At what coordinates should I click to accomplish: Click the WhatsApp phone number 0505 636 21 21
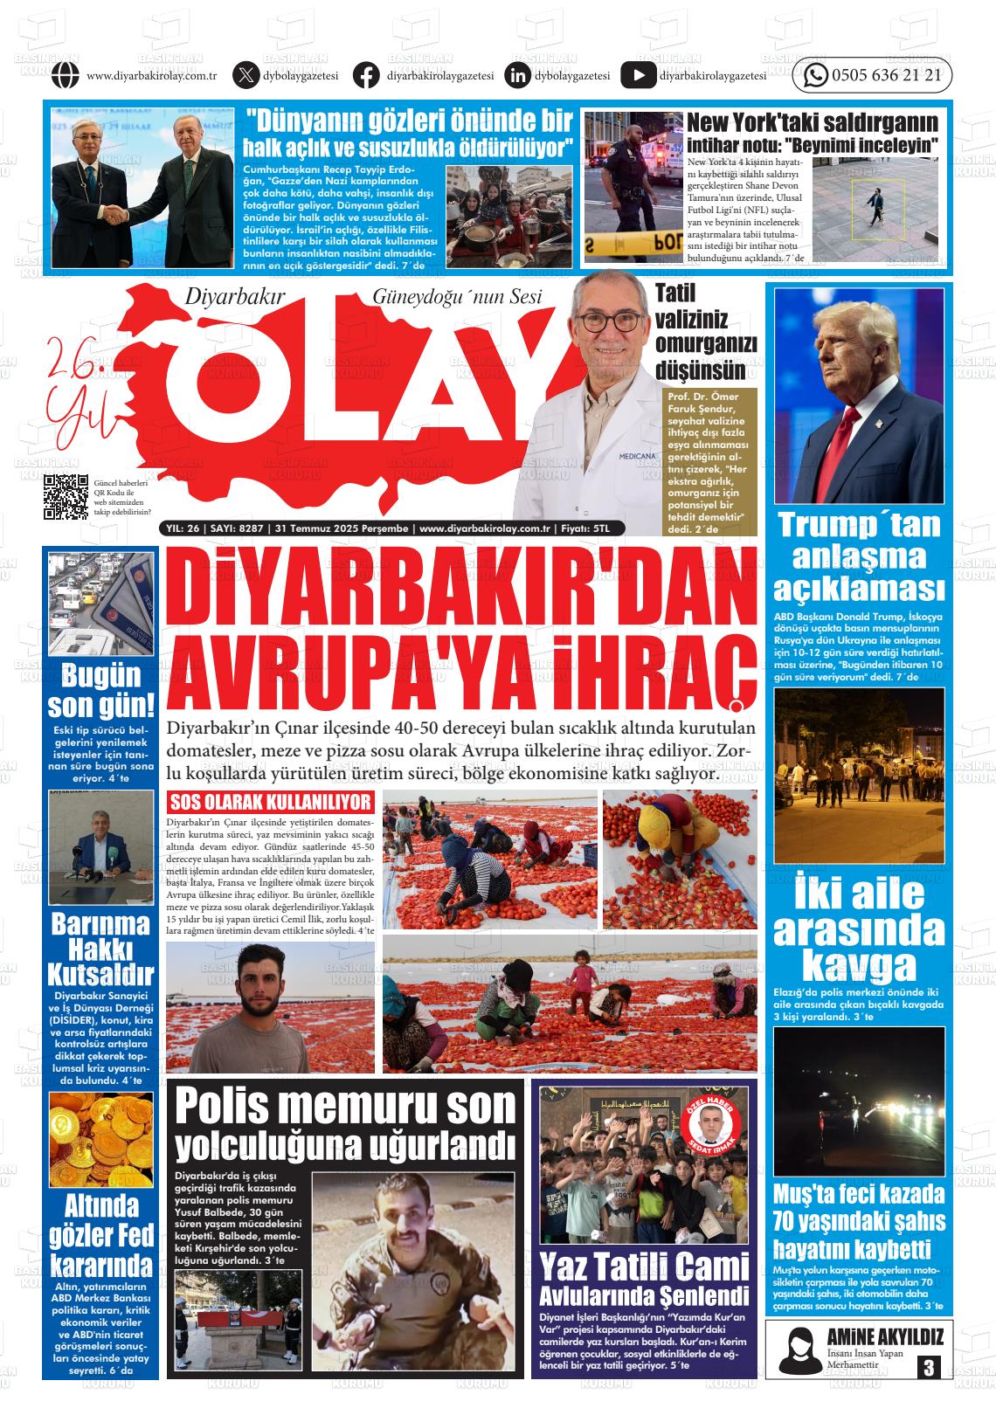click(887, 76)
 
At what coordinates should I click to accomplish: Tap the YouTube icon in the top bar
click(638, 76)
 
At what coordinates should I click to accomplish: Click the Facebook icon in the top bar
click(366, 76)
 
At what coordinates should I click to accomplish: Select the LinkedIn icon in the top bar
click(518, 76)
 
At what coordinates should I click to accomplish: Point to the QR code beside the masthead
click(66, 496)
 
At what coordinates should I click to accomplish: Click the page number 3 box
click(928, 1367)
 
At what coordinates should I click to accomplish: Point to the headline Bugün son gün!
click(100, 690)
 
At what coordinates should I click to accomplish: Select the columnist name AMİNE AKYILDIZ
click(884, 1336)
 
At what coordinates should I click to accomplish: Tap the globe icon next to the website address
click(66, 76)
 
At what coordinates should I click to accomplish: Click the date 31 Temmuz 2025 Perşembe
click(341, 528)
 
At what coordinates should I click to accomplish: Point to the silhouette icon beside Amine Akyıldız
click(796, 1349)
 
